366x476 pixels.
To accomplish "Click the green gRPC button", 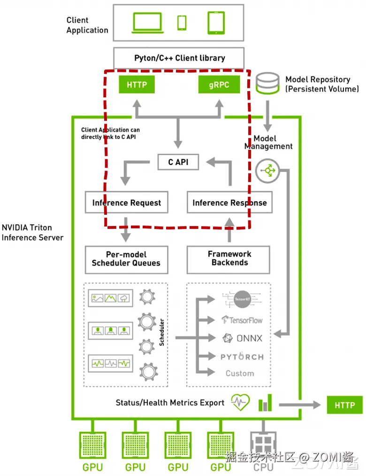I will tap(219, 85).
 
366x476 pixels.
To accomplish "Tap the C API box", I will tap(178, 162).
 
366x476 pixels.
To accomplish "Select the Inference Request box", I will tap(127, 203).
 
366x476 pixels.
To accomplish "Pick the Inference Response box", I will tap(229, 203).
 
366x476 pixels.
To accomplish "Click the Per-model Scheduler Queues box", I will tap(126, 258).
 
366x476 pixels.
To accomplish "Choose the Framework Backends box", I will tap(229, 258).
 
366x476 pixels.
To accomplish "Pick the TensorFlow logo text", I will tap(242, 320).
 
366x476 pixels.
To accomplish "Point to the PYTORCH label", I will tap(242, 357).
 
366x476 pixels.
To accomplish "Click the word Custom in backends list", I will tap(240, 374).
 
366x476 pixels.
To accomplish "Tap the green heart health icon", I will tap(241, 402).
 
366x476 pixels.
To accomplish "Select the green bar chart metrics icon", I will tap(265, 403).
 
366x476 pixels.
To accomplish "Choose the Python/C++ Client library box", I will tap(179, 58).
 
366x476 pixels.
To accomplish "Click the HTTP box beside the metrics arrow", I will tap(345, 405).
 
